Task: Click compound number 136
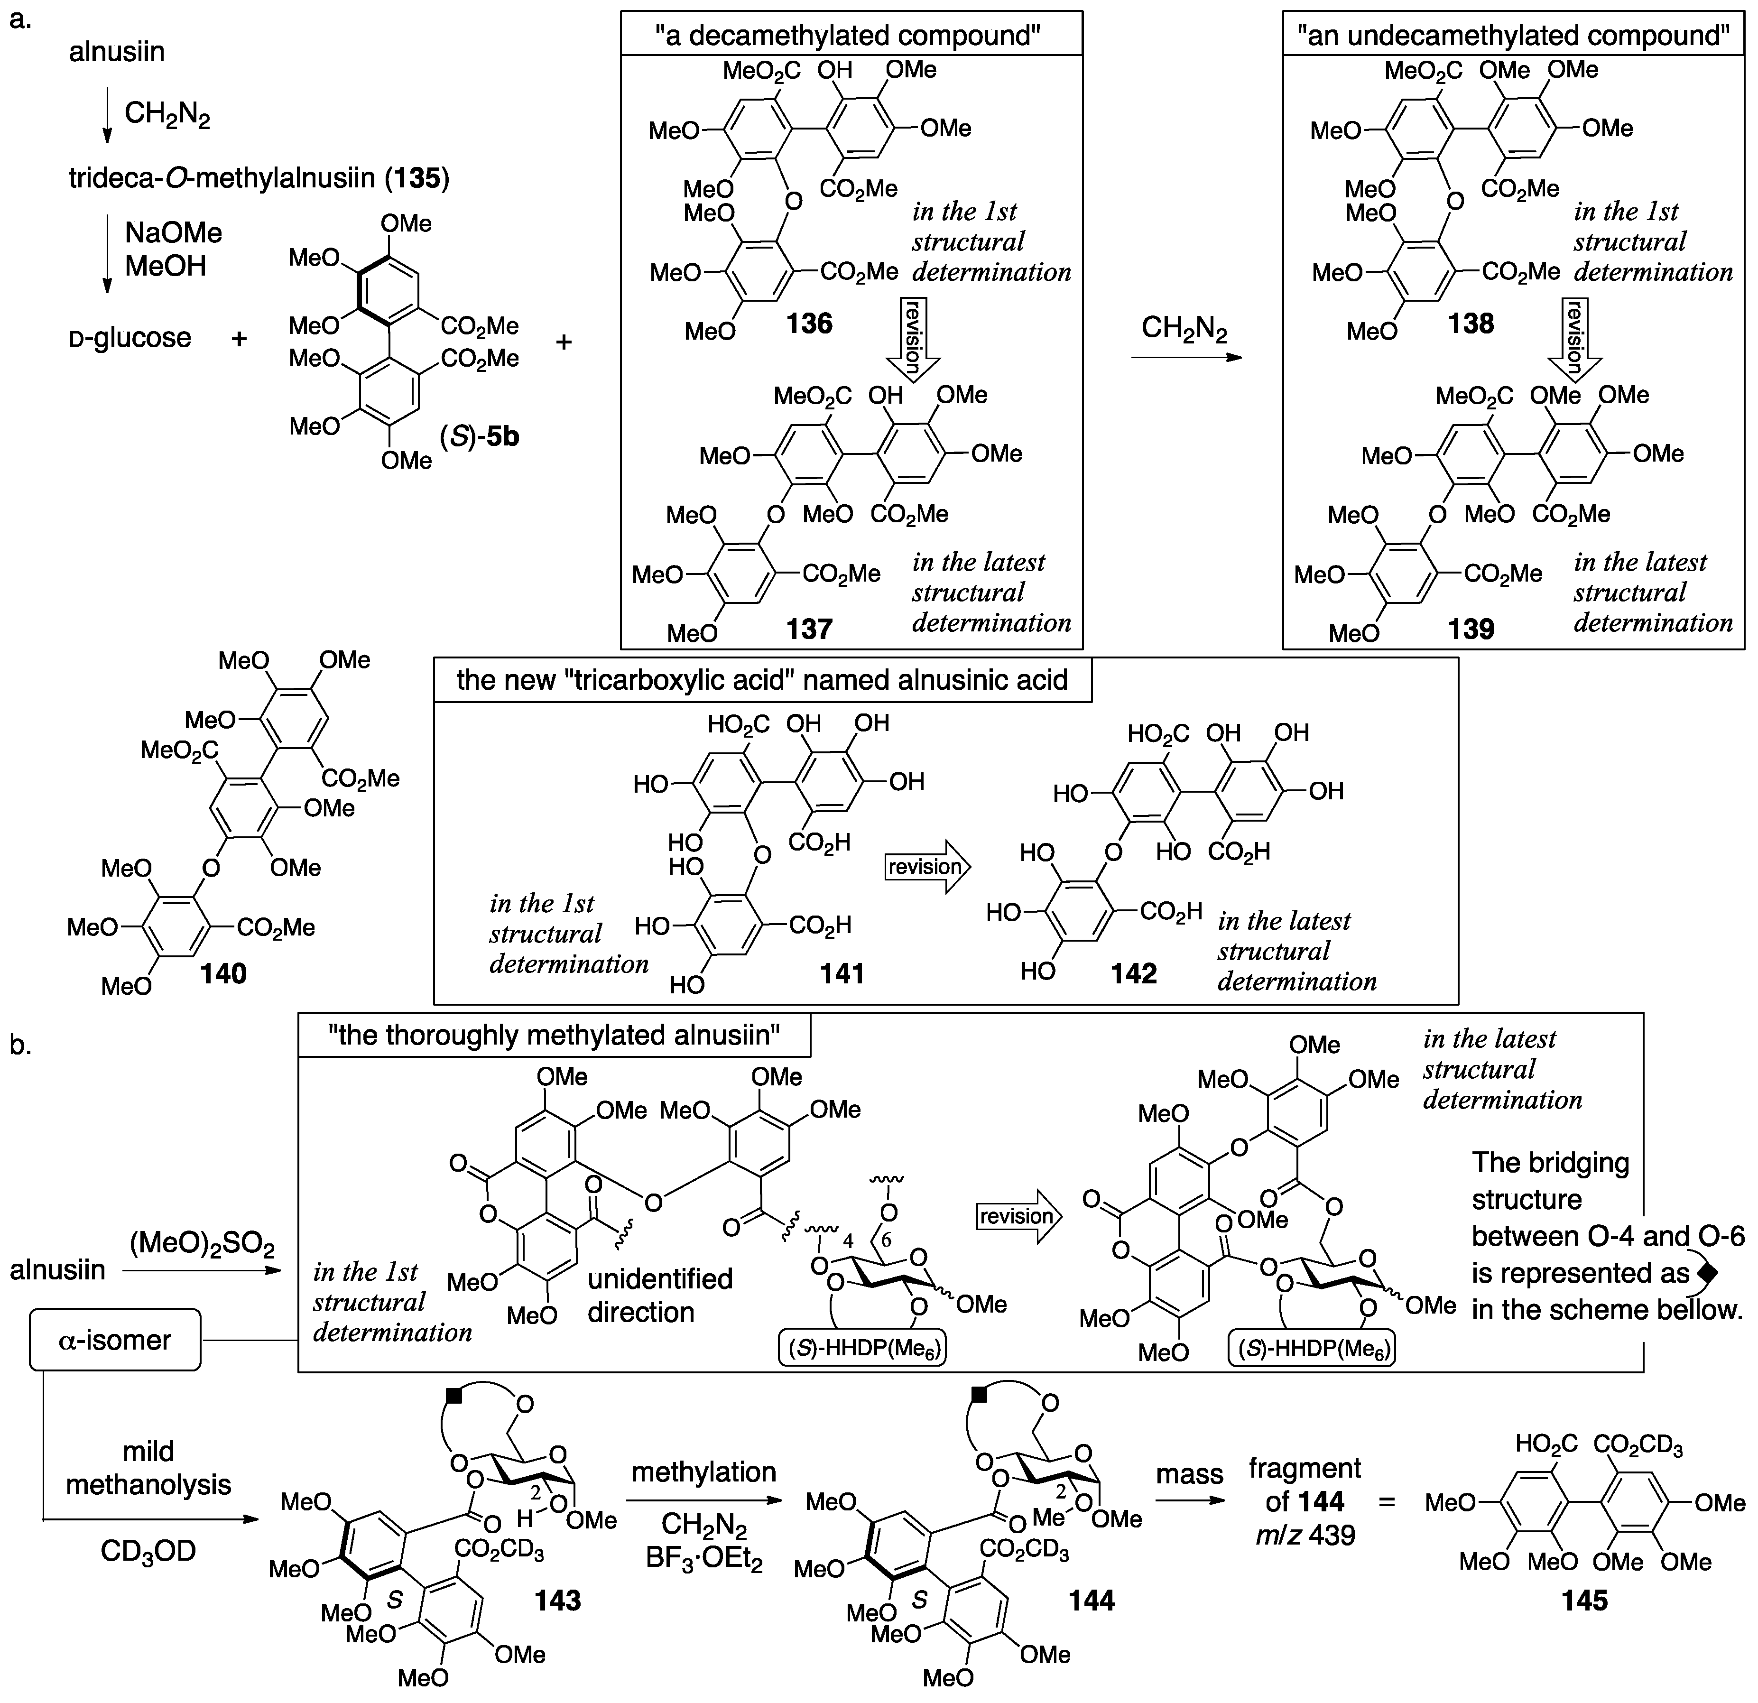coord(809,323)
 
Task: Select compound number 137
coord(809,629)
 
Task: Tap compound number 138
coord(1471,323)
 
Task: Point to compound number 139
coord(1471,629)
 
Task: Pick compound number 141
coord(842,973)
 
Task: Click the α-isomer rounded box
coord(115,1340)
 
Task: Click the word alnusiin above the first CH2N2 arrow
coord(117,52)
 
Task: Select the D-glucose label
coord(131,338)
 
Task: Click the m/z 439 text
coord(1305,1535)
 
